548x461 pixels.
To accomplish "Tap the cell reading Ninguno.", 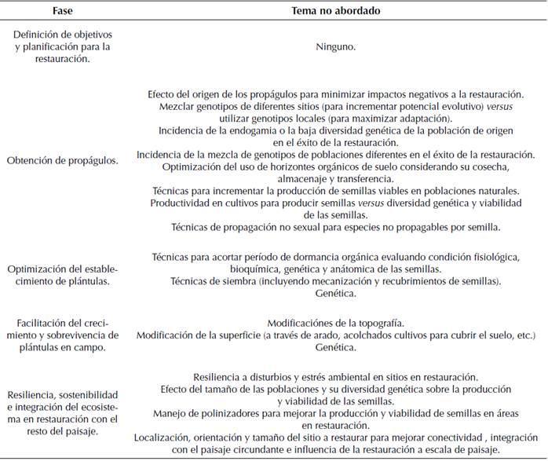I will [x=334, y=46].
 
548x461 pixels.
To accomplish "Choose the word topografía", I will [x=376, y=323].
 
